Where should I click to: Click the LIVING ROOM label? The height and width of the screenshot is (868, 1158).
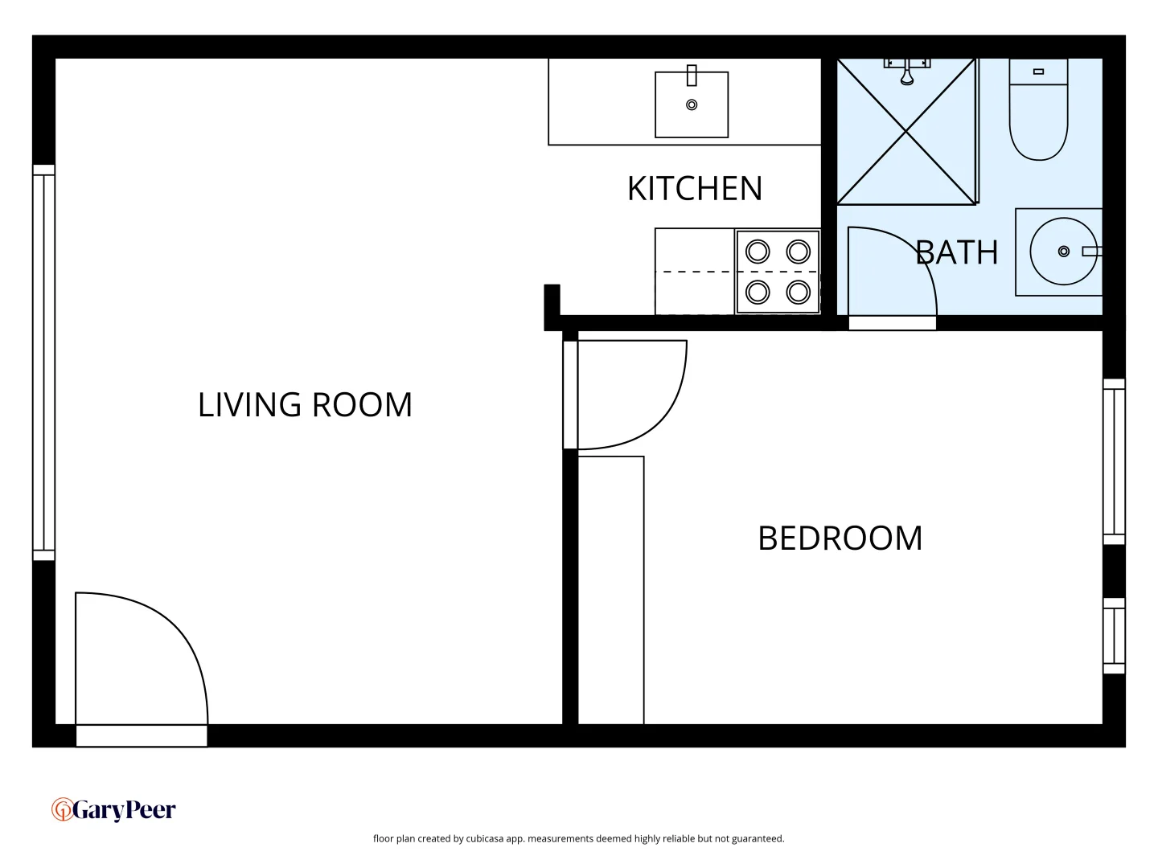click(305, 404)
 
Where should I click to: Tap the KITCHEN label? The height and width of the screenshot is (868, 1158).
click(694, 189)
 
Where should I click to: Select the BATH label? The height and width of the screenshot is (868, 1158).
click(956, 252)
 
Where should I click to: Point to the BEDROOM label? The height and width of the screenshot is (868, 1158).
click(840, 538)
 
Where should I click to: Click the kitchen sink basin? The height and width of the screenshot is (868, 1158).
click(692, 105)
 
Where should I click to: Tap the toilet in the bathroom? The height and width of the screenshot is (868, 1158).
click(1038, 121)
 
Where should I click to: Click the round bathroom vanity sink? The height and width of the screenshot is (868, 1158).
click(1063, 252)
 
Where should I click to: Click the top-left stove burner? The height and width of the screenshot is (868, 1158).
click(758, 252)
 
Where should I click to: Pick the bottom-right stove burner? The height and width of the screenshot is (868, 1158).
click(798, 291)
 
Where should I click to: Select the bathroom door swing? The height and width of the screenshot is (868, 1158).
click(889, 273)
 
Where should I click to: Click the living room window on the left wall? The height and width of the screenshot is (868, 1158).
click(43, 362)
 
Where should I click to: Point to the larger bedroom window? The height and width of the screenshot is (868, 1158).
click(1114, 462)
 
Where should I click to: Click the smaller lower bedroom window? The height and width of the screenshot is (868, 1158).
click(1114, 635)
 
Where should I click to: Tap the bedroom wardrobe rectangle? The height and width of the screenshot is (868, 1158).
click(611, 591)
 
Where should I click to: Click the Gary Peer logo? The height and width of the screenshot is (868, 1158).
click(113, 809)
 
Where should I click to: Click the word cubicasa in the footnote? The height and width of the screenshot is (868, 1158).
click(484, 838)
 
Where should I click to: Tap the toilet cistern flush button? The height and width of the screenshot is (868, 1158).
click(1038, 72)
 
